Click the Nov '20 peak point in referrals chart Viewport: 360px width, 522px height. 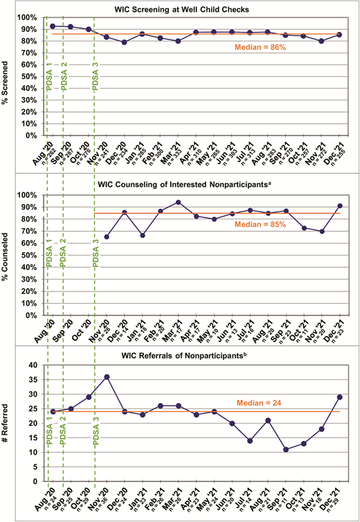[x=107, y=377]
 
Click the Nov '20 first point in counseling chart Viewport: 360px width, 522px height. [x=107, y=237]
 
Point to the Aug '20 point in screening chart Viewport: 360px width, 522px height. [x=53, y=26]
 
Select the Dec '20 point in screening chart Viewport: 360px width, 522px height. [x=125, y=42]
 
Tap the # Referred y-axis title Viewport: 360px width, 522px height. [x=9, y=423]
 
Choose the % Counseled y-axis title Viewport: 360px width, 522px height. [x=9, y=255]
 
